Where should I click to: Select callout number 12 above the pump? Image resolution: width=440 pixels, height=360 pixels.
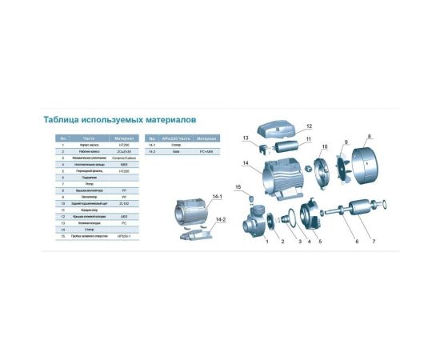pyautogui.click(x=308, y=126)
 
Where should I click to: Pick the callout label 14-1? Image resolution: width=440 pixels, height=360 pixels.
pyautogui.click(x=218, y=196)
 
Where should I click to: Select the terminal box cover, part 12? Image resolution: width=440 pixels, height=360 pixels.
pyautogui.click(x=280, y=129)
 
